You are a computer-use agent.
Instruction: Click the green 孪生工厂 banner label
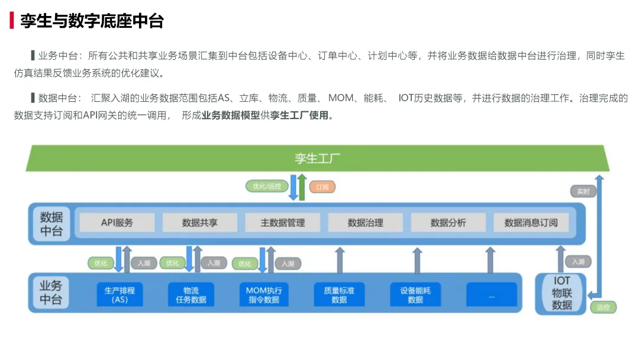click(318, 158)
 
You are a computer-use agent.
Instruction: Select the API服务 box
click(117, 223)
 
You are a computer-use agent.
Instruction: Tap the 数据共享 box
click(200, 223)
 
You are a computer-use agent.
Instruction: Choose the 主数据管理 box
click(283, 223)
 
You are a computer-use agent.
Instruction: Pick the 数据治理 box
click(366, 223)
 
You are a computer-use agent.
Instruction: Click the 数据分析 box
click(448, 223)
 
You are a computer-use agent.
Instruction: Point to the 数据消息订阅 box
click(531, 223)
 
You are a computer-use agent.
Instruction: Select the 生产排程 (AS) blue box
click(120, 294)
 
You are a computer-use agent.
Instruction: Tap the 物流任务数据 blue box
click(191, 294)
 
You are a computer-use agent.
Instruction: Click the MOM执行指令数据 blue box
click(264, 294)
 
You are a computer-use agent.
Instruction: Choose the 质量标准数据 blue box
click(339, 294)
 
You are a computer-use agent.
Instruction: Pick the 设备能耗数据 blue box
click(415, 294)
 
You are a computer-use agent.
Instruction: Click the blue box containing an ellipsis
click(491, 294)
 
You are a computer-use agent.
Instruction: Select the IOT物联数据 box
click(561, 293)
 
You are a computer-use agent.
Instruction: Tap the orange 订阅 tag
click(322, 187)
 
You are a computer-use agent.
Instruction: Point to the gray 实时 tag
click(583, 191)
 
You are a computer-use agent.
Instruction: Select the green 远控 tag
click(603, 307)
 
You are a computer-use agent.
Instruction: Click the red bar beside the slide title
click(11, 21)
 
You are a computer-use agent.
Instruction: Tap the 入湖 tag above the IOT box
click(578, 262)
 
